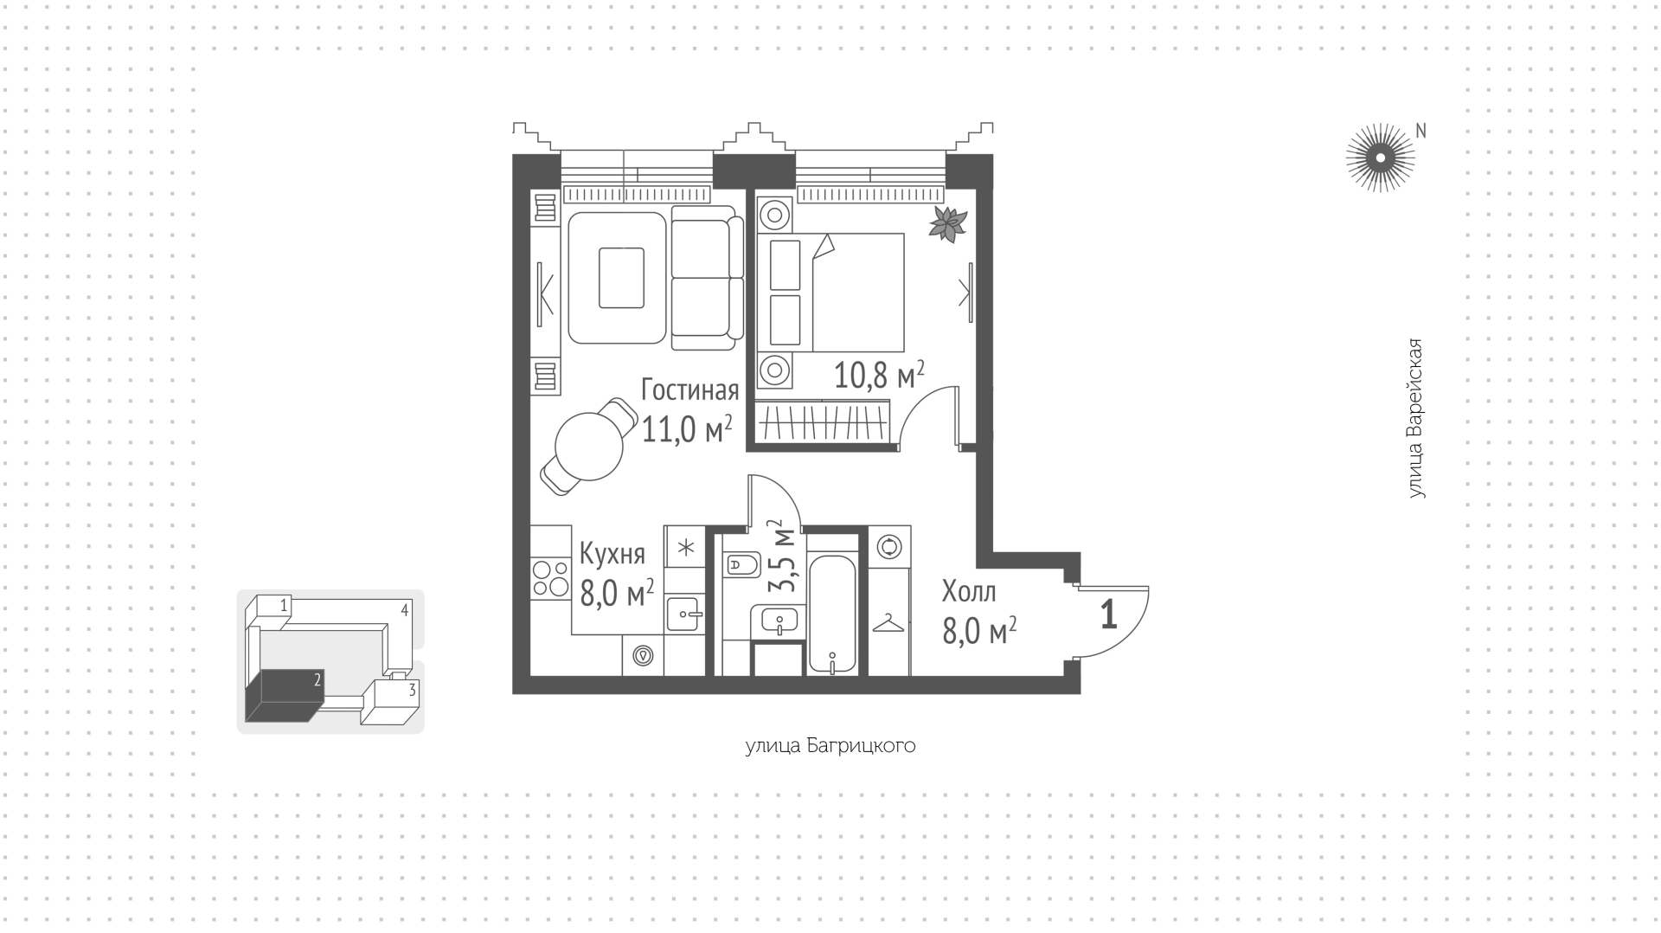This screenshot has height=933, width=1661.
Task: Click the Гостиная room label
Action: (x=689, y=390)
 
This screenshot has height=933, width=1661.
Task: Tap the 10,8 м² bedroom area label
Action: (x=879, y=376)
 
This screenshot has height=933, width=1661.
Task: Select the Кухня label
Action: (x=612, y=554)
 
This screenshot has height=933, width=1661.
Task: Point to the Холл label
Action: (x=969, y=592)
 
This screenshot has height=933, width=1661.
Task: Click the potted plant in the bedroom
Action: (x=947, y=224)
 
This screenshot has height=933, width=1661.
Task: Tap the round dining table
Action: (x=589, y=447)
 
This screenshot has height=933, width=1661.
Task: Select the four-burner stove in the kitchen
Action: (x=550, y=578)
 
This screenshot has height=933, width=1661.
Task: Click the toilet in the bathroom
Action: (x=741, y=566)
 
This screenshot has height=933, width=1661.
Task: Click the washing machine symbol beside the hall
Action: (x=888, y=547)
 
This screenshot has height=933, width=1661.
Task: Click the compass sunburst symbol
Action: (x=1380, y=158)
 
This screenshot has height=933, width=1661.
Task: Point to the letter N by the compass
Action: (x=1420, y=131)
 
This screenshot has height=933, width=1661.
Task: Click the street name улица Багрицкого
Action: (x=830, y=746)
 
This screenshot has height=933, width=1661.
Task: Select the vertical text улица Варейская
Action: (x=1414, y=419)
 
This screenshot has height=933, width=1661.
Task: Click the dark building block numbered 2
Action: (x=284, y=695)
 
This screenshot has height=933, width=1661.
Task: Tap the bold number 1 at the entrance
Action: (x=1108, y=614)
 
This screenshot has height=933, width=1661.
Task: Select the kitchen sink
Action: (x=685, y=614)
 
